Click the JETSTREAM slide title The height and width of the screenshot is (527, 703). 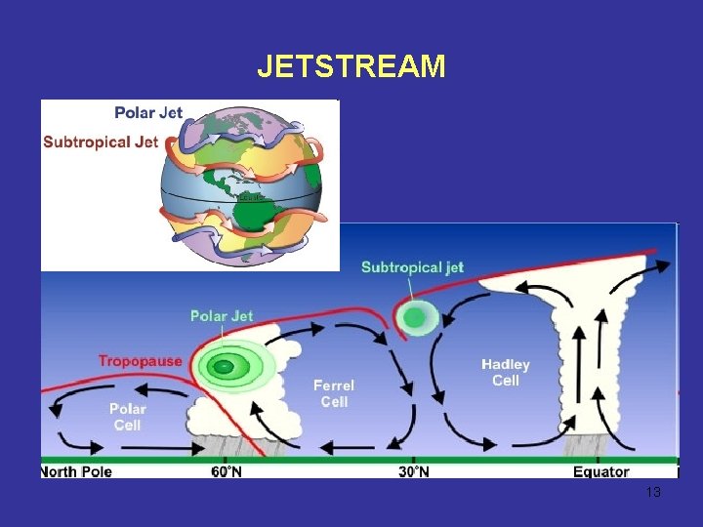tap(351, 66)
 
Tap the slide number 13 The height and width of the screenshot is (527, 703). tap(653, 493)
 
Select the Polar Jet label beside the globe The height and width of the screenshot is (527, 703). tap(148, 112)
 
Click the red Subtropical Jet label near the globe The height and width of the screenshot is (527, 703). tap(101, 142)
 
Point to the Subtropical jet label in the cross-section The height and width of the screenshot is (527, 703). tap(412, 267)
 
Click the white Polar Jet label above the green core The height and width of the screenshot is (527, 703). tap(222, 315)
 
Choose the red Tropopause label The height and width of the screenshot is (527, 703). tap(140, 361)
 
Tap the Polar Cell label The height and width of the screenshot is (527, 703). tap(127, 417)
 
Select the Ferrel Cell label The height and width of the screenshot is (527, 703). tap(333, 393)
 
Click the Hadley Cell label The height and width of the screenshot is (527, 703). tap(505, 373)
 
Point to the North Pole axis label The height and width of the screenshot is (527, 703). tap(77, 472)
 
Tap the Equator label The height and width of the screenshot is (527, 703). tap(600, 472)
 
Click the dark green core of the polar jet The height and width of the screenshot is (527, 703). tap(225, 367)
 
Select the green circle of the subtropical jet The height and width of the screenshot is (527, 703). tap(415, 317)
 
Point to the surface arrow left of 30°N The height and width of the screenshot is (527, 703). tap(342, 448)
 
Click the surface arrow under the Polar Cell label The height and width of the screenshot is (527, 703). tap(78, 447)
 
